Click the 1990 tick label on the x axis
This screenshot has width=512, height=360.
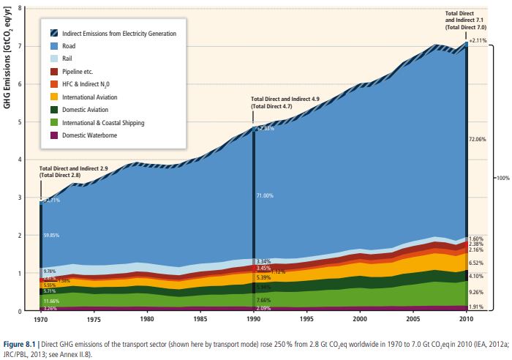[x=254, y=320]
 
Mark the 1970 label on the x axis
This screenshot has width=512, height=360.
[x=40, y=320]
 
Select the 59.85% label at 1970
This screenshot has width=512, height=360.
[x=51, y=235]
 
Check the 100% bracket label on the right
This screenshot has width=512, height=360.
[x=502, y=178]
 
